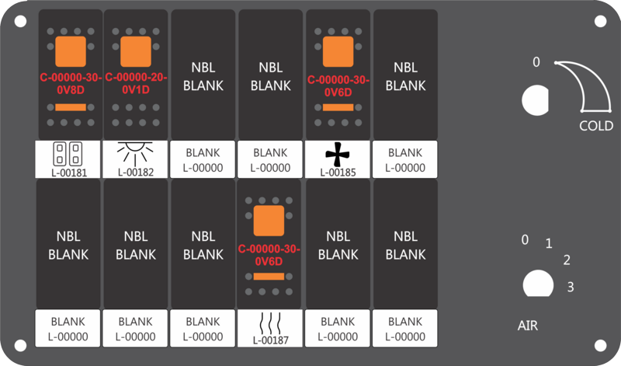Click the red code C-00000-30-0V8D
click(x=71, y=84)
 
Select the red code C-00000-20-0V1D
click(x=136, y=84)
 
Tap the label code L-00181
click(x=69, y=173)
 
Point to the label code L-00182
click(x=136, y=172)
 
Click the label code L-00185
click(x=338, y=173)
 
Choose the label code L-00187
click(x=270, y=340)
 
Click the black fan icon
click(x=338, y=155)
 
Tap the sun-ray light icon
click(x=135, y=154)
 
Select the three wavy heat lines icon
click(x=270, y=323)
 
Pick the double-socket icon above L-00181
click(x=68, y=154)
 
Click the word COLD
click(x=596, y=126)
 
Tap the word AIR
click(x=528, y=326)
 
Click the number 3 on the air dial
click(x=571, y=286)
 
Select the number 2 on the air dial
click(x=567, y=260)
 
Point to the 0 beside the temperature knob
click(x=536, y=62)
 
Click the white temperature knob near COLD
click(x=535, y=100)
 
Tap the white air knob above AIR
click(x=538, y=284)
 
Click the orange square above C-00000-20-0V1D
click(x=135, y=51)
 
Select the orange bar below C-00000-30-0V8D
click(x=71, y=107)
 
